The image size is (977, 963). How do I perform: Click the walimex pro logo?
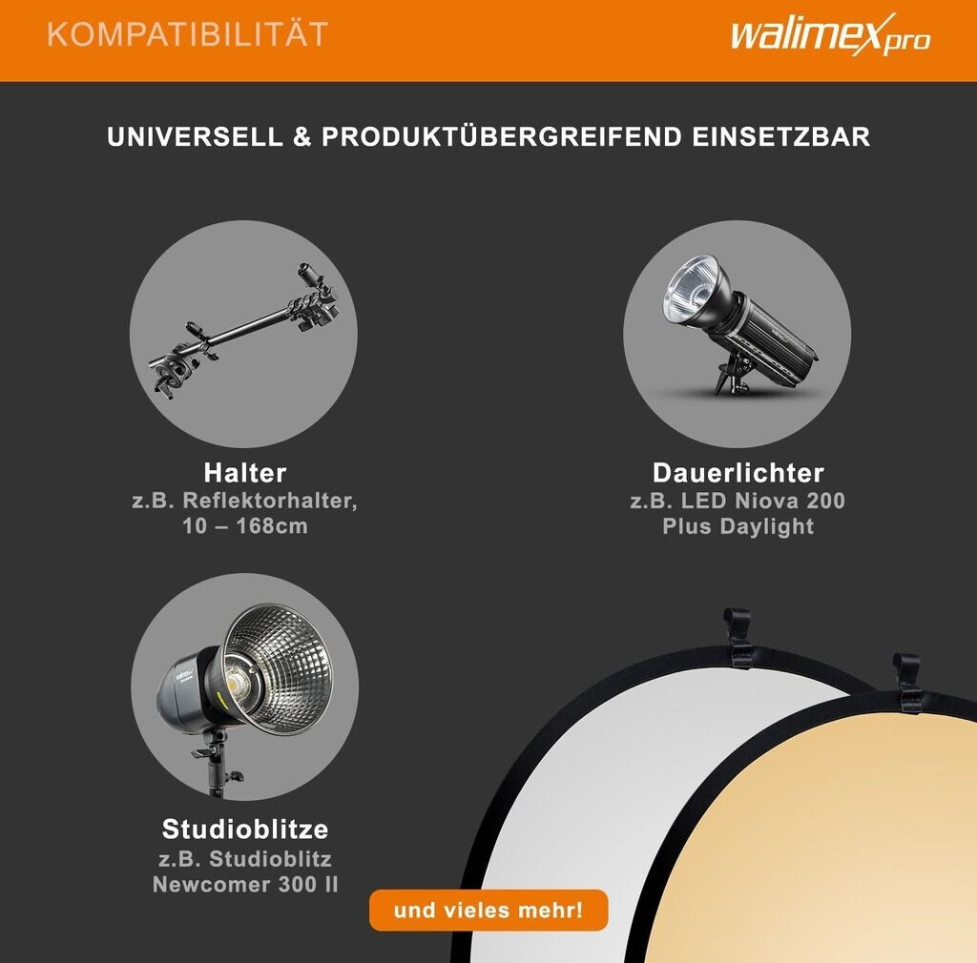point(830,34)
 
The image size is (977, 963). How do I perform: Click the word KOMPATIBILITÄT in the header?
point(188,34)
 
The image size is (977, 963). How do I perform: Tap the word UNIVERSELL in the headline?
point(195,137)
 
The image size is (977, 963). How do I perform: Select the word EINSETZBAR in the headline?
point(781,137)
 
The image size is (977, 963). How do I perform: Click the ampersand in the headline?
point(302,137)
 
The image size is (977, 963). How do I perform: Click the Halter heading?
point(245,473)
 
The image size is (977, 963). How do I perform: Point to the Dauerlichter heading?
point(738,473)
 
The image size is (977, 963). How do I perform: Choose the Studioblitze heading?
point(245,830)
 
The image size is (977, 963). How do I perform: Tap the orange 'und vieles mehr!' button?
point(488,911)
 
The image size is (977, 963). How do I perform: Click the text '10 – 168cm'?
point(245,526)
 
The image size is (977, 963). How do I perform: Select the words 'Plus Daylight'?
point(738,526)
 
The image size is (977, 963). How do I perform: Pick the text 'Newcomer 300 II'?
point(245,885)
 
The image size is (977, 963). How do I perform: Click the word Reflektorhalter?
point(268,501)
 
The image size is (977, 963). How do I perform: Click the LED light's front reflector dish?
point(692,290)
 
